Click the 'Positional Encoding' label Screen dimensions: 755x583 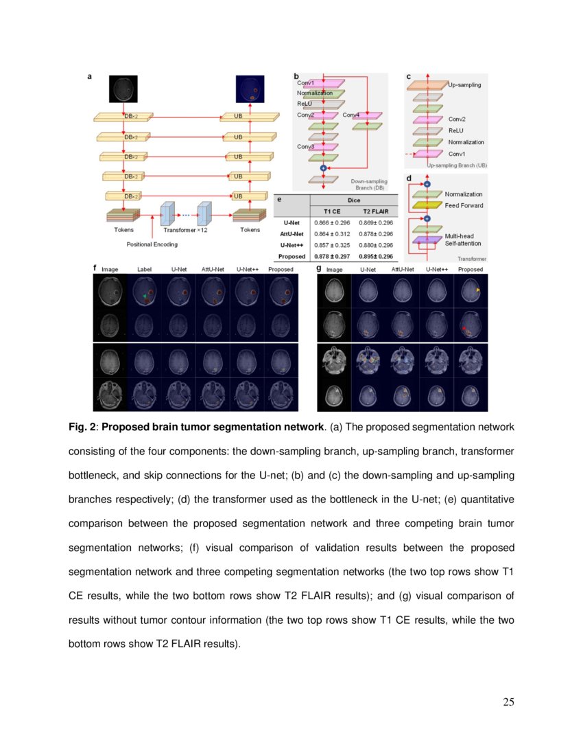point(152,244)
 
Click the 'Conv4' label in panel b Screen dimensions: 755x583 point(350,115)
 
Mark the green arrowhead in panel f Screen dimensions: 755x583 point(144,294)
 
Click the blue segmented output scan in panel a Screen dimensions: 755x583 point(249,90)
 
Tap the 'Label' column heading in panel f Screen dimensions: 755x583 point(144,270)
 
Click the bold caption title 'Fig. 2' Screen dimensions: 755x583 point(83,427)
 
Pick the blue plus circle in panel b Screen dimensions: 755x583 point(323,168)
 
